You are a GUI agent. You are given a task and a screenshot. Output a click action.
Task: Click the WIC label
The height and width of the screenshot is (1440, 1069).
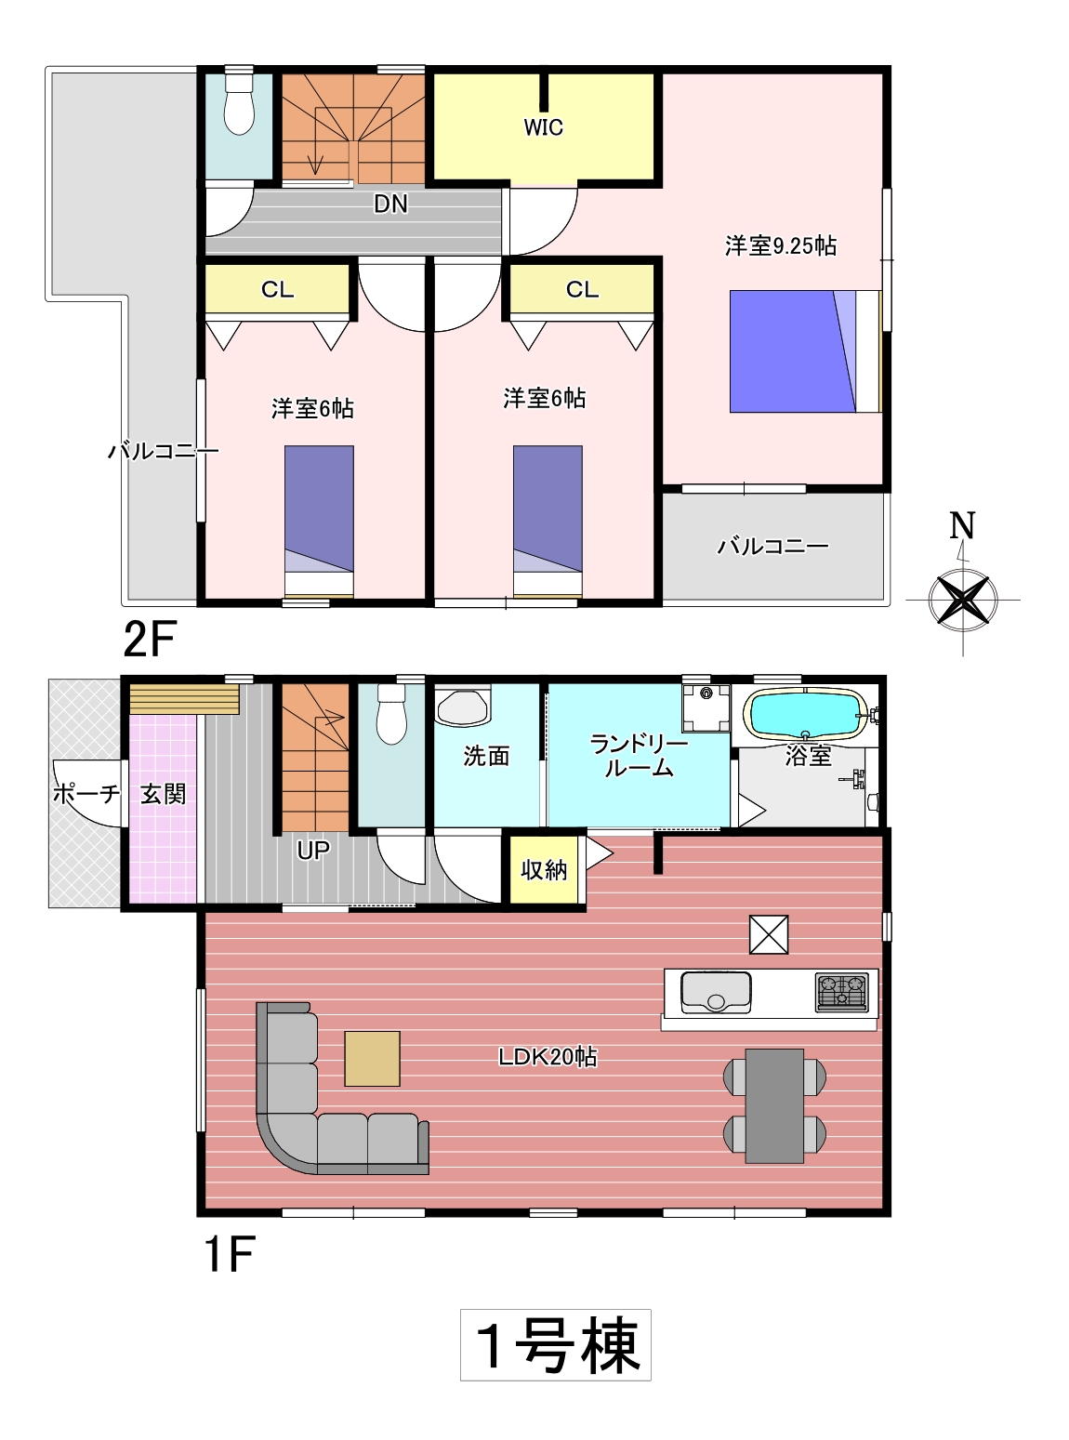click(543, 128)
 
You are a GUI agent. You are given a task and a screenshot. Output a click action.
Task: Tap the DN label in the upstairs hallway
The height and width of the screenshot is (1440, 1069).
click(391, 205)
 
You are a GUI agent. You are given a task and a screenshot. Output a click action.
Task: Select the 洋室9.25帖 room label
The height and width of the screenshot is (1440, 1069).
click(781, 246)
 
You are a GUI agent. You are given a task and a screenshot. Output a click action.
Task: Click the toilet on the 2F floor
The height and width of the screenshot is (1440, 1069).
click(239, 104)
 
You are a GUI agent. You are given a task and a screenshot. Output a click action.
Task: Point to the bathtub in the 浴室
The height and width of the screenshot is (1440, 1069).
click(808, 714)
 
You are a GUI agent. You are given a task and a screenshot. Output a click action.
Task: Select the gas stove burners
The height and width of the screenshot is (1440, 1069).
click(841, 991)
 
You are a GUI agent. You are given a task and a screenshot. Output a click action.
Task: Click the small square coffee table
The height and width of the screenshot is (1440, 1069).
click(372, 1058)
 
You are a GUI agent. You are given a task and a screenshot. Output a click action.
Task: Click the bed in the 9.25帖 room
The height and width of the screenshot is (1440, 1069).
click(805, 351)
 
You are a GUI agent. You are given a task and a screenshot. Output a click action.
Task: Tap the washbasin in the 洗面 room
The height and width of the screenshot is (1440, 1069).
click(462, 707)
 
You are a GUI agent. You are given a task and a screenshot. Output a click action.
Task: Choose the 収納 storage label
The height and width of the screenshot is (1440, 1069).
click(544, 869)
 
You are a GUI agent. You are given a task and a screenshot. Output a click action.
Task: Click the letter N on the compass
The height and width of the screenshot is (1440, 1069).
click(962, 526)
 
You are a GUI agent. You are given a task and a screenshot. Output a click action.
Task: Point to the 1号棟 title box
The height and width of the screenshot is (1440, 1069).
click(555, 1344)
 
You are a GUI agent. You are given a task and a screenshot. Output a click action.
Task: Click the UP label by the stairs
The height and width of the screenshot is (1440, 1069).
click(313, 850)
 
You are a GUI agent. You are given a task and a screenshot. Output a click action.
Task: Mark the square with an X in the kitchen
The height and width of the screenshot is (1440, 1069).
click(769, 934)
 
